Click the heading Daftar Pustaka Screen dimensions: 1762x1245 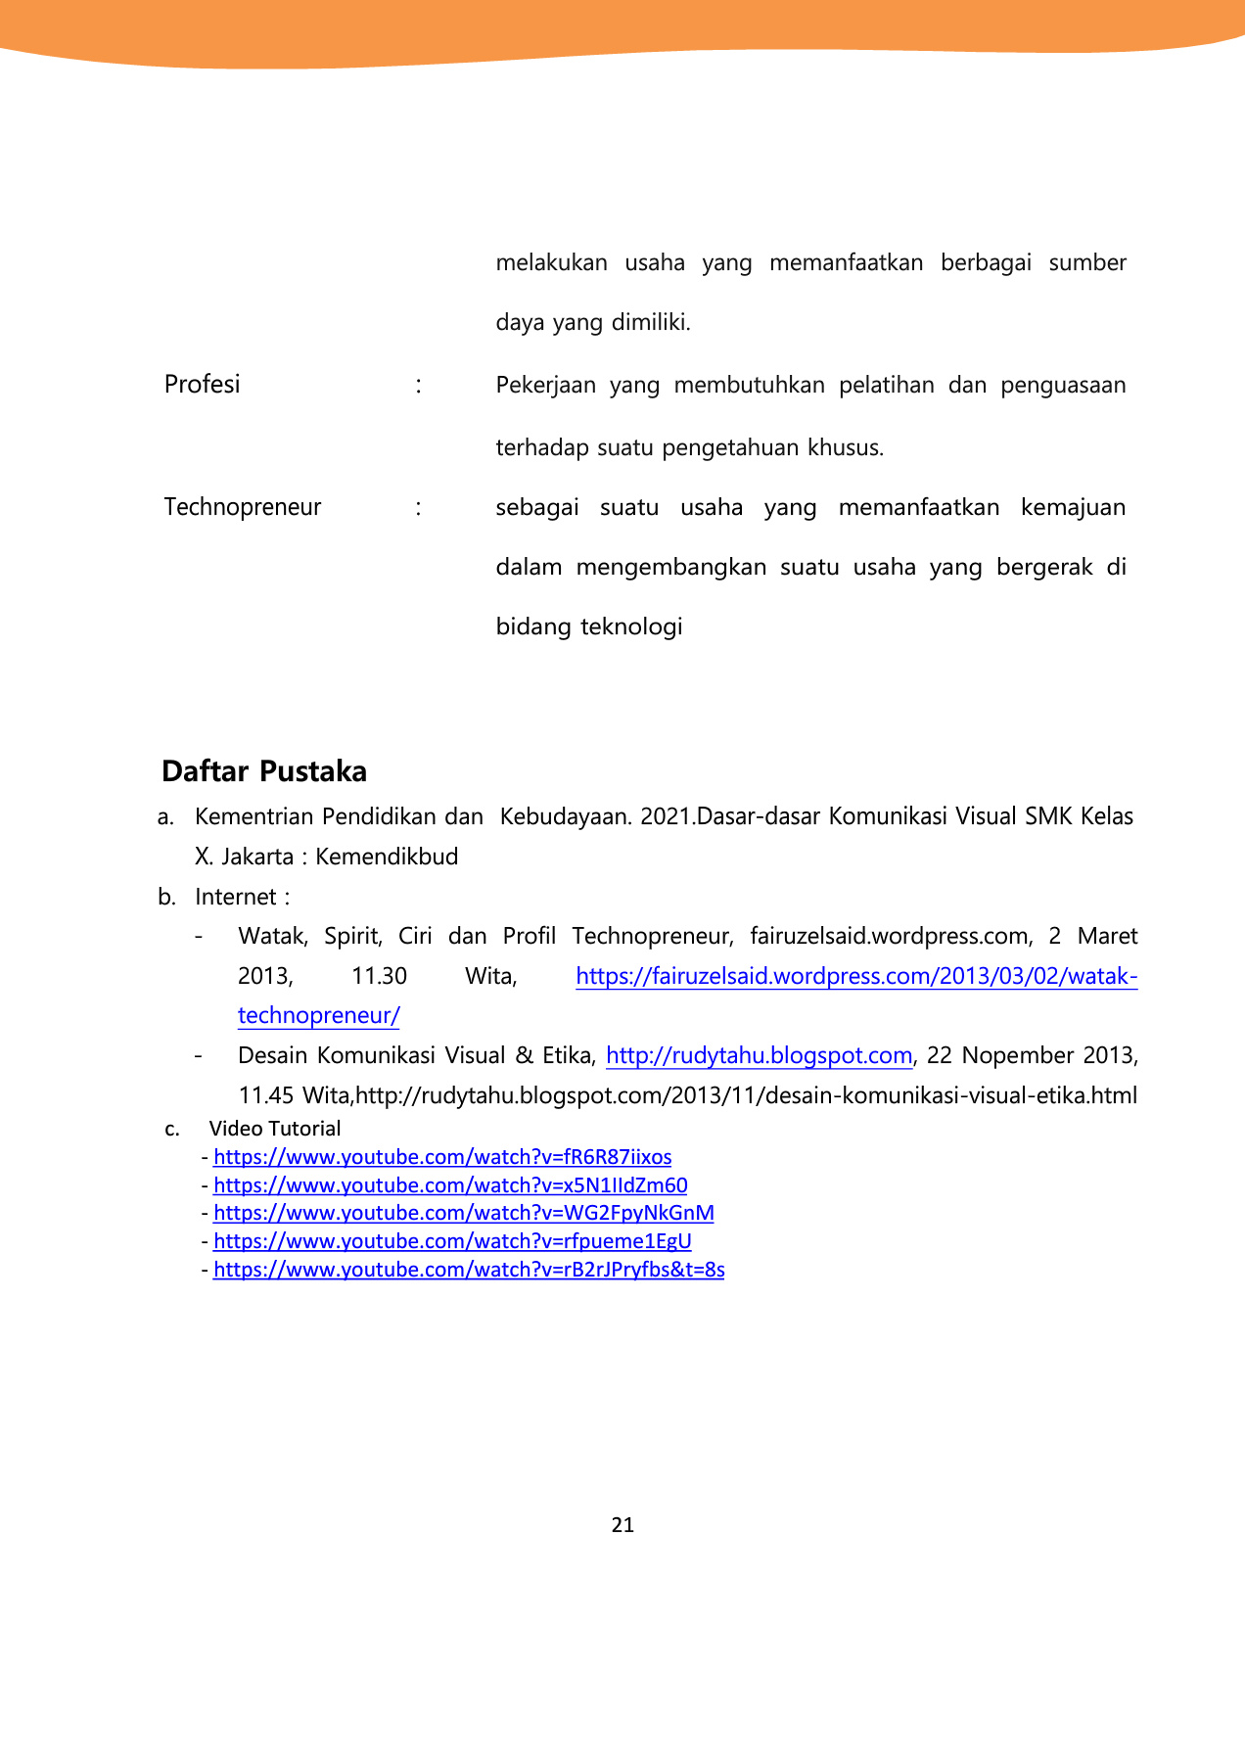click(x=264, y=771)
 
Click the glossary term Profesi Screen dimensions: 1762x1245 click(x=202, y=385)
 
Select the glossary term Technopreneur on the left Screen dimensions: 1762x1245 click(x=243, y=507)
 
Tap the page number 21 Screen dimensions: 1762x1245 click(x=622, y=1525)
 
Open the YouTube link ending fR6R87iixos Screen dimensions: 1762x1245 click(x=442, y=1157)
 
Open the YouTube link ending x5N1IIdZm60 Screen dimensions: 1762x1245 click(x=450, y=1185)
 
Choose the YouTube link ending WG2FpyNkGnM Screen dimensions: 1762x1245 click(x=464, y=1213)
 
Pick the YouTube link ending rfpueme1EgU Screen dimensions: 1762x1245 click(x=452, y=1241)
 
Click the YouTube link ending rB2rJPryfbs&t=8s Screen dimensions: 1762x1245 click(x=469, y=1270)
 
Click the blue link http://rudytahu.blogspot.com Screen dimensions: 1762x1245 click(x=760, y=1055)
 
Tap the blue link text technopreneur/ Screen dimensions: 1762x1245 click(x=319, y=1015)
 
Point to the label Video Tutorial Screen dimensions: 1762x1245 click(x=275, y=1129)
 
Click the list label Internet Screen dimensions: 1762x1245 click(x=236, y=897)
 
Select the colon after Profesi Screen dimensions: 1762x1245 click(x=419, y=385)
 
